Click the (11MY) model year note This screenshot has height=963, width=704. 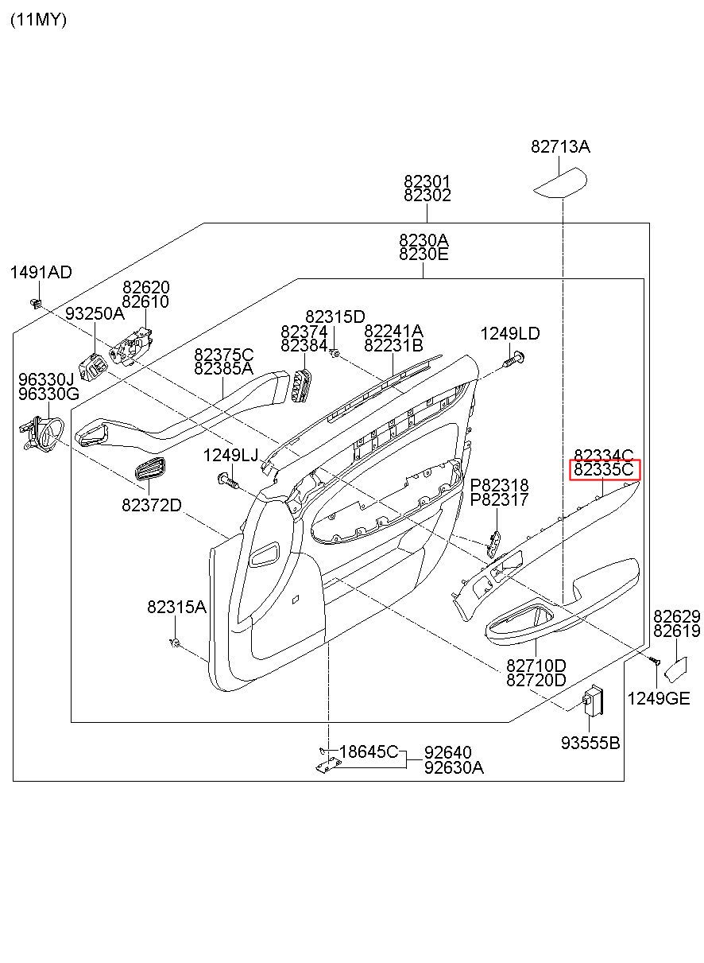point(38,20)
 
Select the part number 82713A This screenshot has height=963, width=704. point(560,146)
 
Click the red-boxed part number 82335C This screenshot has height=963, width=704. point(604,469)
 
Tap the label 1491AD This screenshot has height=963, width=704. point(41,272)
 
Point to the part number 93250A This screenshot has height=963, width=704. point(95,314)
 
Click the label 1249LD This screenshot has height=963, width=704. point(510,334)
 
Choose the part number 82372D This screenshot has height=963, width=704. point(152,505)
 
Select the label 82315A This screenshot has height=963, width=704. point(176,607)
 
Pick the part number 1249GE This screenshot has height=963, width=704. point(659,699)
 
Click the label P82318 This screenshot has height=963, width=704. point(499,486)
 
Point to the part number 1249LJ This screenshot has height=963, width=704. point(230,456)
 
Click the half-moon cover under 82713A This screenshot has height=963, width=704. point(560,183)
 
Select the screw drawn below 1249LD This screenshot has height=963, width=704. point(514,359)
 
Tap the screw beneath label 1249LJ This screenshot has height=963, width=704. point(229,480)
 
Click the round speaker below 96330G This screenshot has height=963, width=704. point(42,433)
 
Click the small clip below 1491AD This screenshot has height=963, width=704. point(36,303)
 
